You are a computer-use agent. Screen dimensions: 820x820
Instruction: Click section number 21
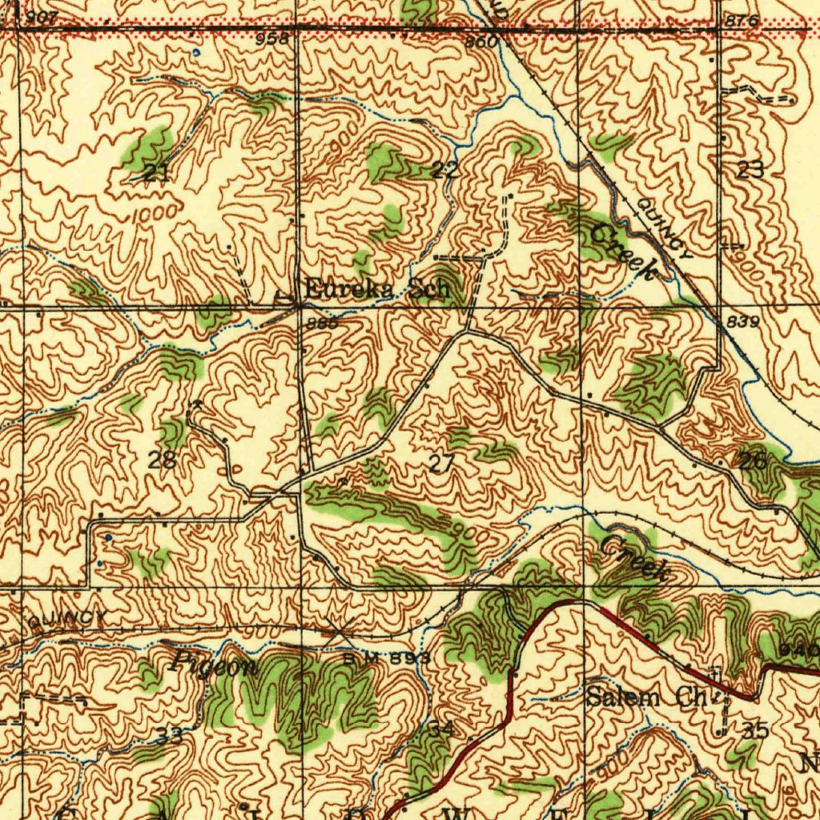click(156, 172)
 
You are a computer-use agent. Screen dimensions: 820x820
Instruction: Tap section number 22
click(445, 169)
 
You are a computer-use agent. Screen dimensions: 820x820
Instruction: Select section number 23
click(750, 169)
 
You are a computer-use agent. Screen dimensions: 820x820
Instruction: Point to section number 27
click(441, 462)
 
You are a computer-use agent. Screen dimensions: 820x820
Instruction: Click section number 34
click(441, 729)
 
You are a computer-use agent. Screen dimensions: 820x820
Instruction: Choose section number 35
click(756, 730)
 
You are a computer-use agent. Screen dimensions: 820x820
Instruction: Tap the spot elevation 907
click(41, 18)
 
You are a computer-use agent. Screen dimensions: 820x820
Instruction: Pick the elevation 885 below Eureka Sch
click(320, 324)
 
